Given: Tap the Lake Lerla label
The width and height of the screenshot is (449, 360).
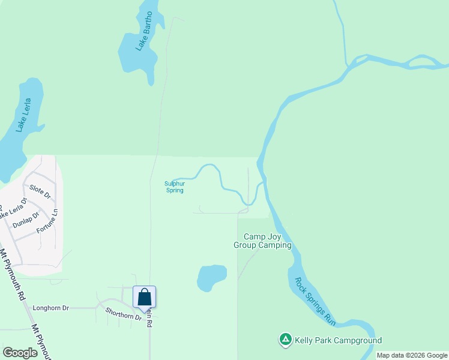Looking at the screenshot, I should [x=28, y=115].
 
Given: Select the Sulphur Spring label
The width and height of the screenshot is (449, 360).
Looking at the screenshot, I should [x=174, y=187].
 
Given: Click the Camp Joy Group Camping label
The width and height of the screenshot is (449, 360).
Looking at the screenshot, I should [x=262, y=241].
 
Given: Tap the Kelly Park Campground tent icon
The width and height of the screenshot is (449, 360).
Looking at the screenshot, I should [x=286, y=340].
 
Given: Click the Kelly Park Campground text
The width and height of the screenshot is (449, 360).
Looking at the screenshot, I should [x=338, y=341].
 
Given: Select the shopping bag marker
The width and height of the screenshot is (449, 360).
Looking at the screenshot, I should [x=144, y=298].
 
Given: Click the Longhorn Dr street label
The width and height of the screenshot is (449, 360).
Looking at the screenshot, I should [x=51, y=308].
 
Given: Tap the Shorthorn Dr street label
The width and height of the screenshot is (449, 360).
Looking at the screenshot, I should [x=122, y=313].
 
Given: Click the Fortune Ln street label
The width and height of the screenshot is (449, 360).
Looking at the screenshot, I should [x=47, y=221].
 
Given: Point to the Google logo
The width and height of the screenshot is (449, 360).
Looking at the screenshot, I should [x=20, y=352].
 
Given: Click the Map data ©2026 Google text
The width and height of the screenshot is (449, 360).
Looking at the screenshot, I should [x=411, y=355].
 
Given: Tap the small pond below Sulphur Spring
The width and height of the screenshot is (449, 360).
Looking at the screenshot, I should [x=211, y=277].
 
